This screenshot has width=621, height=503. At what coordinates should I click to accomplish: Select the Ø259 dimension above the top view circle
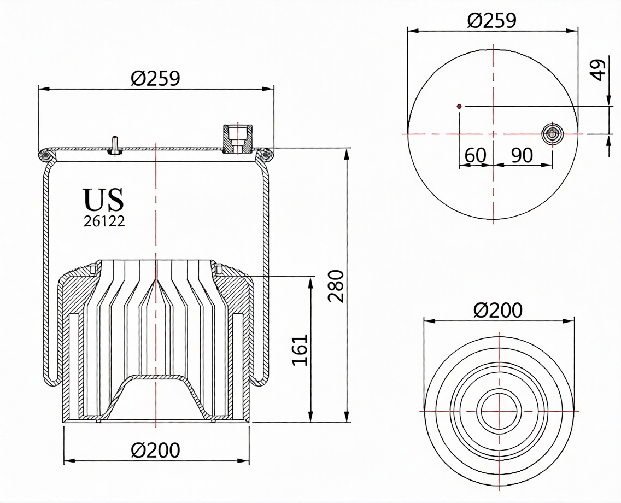(492, 20)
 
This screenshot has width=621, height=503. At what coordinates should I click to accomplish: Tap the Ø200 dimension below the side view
(155, 451)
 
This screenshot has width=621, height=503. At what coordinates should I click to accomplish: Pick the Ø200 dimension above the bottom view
(498, 311)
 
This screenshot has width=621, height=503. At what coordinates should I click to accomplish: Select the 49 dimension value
(600, 69)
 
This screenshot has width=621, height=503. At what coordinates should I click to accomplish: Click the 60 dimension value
(475, 155)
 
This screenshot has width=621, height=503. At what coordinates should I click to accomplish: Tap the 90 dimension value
(522, 155)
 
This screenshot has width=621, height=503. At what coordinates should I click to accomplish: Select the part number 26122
(104, 221)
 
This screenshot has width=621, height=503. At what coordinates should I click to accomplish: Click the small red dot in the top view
(459, 106)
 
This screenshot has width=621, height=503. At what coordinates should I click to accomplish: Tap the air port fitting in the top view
(552, 133)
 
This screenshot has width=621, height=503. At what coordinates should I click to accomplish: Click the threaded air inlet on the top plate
(238, 139)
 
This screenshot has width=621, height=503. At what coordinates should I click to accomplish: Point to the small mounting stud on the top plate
(114, 145)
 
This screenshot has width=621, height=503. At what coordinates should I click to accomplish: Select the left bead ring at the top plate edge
(46, 156)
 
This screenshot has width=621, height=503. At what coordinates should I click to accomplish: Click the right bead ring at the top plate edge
(267, 156)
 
